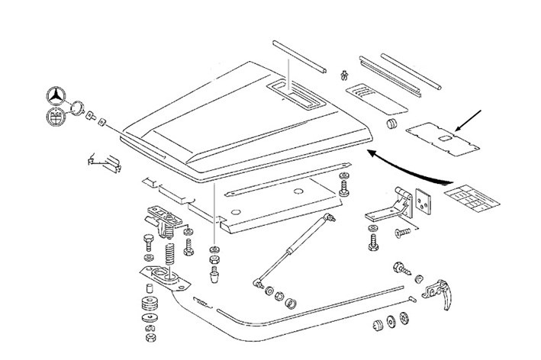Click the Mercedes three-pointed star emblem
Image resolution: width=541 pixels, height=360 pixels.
point(58,97)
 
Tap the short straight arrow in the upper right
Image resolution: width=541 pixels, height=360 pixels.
point(468,121)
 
